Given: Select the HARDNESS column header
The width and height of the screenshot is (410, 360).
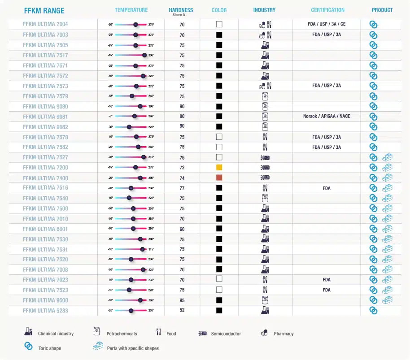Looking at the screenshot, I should tap(181, 10).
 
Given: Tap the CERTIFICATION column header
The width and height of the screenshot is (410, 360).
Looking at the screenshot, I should tap(327, 10).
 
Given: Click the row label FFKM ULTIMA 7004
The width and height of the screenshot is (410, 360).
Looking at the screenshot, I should tap(45, 24).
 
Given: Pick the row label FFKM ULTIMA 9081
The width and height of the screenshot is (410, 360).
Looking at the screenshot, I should tap(45, 117).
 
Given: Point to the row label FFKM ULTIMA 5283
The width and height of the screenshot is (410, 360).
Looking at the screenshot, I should tap(45, 311).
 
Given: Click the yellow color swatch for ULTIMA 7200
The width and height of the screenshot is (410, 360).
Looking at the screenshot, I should tap(219, 167).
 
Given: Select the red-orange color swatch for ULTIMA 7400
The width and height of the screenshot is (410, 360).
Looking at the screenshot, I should tap(219, 178).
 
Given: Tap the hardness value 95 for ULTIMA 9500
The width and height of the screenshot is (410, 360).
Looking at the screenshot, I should tap(182, 300).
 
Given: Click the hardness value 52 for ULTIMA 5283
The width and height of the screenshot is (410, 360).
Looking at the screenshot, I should tap(182, 311).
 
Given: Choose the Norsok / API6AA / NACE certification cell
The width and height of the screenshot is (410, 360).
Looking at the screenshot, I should tap(327, 117).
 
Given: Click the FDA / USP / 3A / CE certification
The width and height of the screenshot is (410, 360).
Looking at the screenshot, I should tap(327, 24).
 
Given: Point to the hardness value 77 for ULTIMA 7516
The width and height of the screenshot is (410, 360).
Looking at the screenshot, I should tap(182, 188).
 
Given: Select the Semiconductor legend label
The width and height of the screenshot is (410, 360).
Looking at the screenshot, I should tap(226, 334).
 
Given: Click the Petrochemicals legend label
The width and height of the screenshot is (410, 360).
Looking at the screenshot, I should tap(122, 334).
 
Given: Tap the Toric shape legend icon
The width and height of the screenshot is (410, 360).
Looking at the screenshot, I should tap(28, 346).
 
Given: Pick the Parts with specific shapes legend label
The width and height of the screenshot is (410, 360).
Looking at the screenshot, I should tap(132, 348).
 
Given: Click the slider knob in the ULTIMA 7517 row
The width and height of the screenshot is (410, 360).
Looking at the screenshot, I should tap(144, 55).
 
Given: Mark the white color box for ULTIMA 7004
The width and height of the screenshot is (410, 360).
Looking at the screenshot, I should tap(219, 24).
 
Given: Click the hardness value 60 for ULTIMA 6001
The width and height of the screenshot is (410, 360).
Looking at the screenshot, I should tap(182, 229).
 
